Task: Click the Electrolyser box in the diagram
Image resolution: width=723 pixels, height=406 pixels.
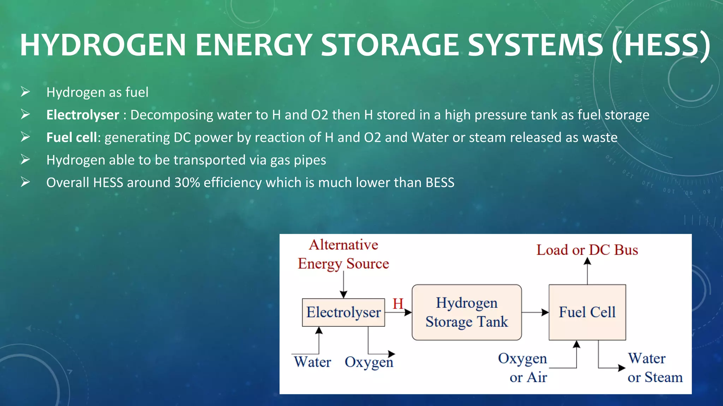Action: click(x=343, y=312)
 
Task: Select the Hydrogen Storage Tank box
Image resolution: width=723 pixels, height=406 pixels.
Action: click(x=466, y=312)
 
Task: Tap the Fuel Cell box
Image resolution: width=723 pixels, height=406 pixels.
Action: click(x=587, y=312)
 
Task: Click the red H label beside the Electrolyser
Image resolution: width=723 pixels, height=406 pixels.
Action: click(x=398, y=303)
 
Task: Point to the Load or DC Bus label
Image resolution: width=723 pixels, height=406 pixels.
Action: click(x=587, y=250)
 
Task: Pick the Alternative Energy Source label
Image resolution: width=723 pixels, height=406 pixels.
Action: click(x=343, y=254)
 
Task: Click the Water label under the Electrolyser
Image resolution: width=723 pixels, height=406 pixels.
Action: click(x=312, y=362)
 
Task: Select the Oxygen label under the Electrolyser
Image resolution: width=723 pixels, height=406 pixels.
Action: click(x=369, y=362)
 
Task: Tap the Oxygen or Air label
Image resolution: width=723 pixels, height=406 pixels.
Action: click(x=523, y=368)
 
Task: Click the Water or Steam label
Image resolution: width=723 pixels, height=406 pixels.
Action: click(x=655, y=368)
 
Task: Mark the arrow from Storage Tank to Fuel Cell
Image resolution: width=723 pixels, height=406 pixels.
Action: click(x=535, y=312)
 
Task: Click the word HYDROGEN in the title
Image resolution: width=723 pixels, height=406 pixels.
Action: click(x=103, y=45)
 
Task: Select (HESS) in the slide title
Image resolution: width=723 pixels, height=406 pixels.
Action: click(x=661, y=45)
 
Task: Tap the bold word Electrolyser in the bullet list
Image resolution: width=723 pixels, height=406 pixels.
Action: click(x=83, y=115)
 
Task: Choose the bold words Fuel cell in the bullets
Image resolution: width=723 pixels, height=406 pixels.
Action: click(x=72, y=137)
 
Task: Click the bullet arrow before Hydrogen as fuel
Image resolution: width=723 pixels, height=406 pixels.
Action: click(x=25, y=92)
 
